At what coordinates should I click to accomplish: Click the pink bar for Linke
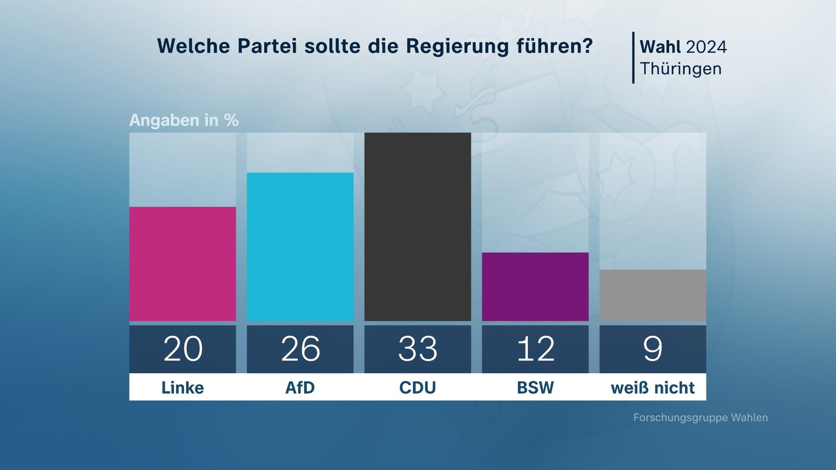[x=182, y=264]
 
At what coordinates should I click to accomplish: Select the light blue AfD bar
[x=300, y=247]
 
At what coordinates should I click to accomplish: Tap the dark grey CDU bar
[x=418, y=227]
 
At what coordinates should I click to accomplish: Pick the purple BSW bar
[x=535, y=287]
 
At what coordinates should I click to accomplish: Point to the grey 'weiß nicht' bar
[x=653, y=295]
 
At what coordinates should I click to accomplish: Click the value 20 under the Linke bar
[x=183, y=349]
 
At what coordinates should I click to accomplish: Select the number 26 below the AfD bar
[x=300, y=349]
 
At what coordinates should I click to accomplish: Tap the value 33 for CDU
[x=418, y=349]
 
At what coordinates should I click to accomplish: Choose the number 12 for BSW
[x=536, y=349]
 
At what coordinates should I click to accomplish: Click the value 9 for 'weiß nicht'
[x=653, y=349]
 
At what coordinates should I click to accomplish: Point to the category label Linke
[x=182, y=387]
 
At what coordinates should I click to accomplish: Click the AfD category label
[x=300, y=387]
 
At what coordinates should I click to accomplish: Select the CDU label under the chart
[x=418, y=387]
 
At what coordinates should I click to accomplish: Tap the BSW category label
[x=535, y=387]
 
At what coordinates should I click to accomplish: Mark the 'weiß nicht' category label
[x=653, y=387]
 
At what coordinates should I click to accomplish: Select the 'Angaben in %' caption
[x=184, y=120]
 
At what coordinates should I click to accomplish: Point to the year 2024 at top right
[x=706, y=47]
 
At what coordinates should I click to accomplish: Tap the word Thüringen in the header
[x=681, y=69]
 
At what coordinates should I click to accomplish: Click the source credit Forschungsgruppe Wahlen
[x=701, y=418]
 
